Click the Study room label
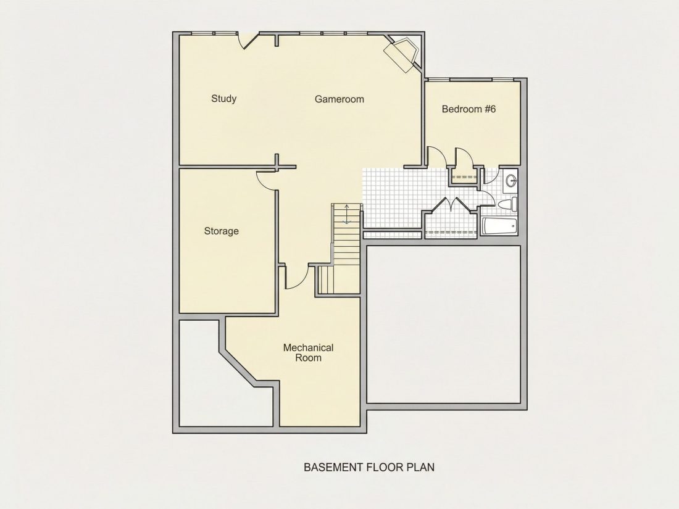223,99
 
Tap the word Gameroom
339,99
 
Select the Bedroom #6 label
469,109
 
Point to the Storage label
221,231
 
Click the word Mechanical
308,347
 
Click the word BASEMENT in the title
333,468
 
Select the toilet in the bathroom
507,204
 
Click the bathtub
499,226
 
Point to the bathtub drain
513,226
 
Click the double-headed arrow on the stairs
346,215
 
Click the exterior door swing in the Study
248,41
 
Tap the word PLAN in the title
420,468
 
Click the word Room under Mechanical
308,358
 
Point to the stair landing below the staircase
339,279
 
